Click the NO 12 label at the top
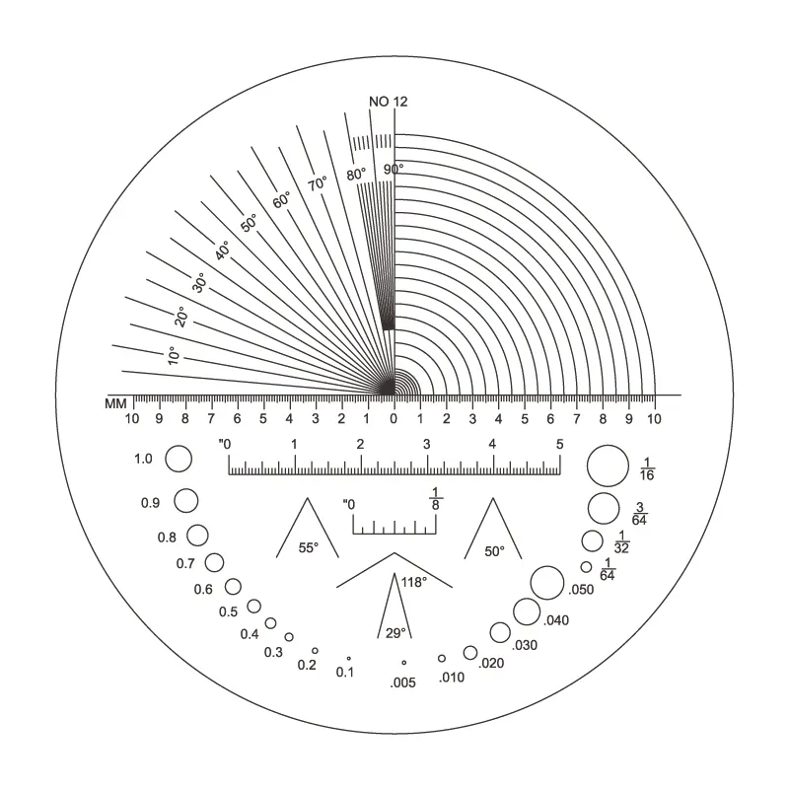pyautogui.click(x=388, y=102)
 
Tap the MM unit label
pyautogui.click(x=115, y=404)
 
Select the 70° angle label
pyautogui.click(x=318, y=183)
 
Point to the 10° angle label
pyautogui.click(x=173, y=355)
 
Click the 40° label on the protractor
pyautogui.click(x=222, y=251)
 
